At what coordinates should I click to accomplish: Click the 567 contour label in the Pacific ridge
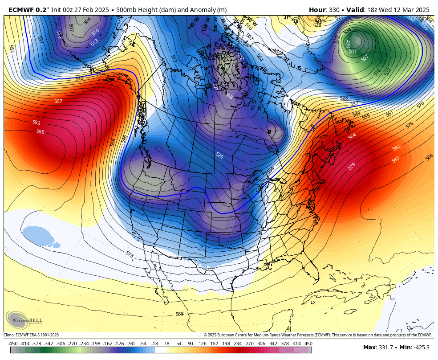[58, 101]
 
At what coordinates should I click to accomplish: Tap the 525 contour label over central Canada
[219, 155]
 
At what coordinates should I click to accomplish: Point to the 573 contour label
[130, 254]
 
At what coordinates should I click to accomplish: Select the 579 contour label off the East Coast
[352, 166]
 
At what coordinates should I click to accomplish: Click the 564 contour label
[352, 136]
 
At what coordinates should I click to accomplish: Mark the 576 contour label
[410, 125]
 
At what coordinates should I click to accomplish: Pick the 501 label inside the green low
[353, 51]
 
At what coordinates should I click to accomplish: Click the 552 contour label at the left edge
[11, 49]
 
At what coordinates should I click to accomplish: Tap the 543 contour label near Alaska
[79, 78]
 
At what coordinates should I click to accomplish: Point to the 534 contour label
[271, 170]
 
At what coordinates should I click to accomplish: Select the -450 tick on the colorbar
[13, 344]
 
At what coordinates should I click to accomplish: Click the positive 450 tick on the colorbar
[308, 344]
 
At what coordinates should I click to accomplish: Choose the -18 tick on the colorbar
[154, 344]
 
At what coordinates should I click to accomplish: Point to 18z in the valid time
[368, 10]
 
